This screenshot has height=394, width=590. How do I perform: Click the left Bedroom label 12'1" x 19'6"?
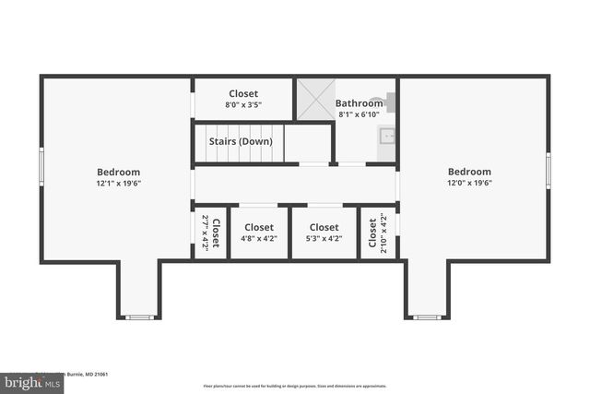(x=118, y=177)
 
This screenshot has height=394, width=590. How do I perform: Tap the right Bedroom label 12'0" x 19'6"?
(x=469, y=177)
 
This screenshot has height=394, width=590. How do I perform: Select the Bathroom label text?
(x=358, y=103)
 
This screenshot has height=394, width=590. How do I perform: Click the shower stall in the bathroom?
(x=314, y=99)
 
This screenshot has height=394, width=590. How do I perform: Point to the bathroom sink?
(x=387, y=137)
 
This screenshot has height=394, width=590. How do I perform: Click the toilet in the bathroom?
(x=391, y=102)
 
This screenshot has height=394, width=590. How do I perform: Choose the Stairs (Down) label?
(x=240, y=142)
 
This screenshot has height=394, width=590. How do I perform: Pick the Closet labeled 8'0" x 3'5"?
(x=243, y=99)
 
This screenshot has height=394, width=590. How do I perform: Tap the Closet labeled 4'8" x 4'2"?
(x=259, y=233)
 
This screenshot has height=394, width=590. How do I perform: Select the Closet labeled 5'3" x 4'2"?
(x=324, y=233)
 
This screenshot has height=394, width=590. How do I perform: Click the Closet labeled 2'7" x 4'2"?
(x=210, y=233)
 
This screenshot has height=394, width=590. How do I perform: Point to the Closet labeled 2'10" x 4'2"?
(x=377, y=233)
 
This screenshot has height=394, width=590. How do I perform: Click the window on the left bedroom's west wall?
(x=41, y=167)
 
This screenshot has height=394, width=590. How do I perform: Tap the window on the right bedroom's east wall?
(x=549, y=171)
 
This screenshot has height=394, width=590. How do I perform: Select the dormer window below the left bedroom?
(x=139, y=317)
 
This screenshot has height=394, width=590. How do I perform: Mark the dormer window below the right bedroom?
(x=426, y=317)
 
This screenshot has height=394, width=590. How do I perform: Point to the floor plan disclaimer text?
(x=294, y=387)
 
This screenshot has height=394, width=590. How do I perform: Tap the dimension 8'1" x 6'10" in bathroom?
(x=358, y=115)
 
